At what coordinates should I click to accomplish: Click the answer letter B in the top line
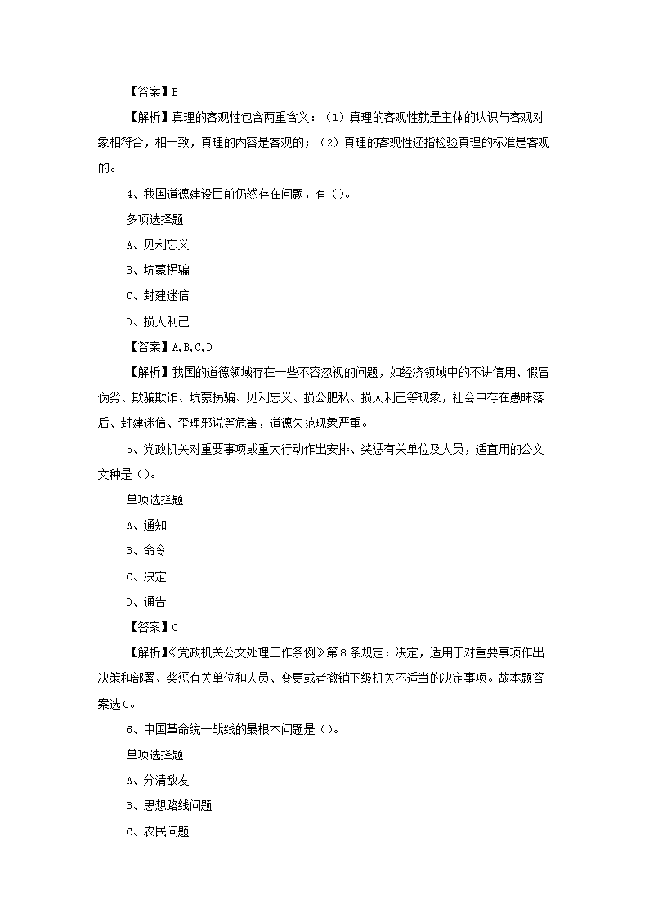(175, 92)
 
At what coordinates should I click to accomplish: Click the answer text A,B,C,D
(192, 347)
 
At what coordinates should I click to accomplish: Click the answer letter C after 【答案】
(175, 627)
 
